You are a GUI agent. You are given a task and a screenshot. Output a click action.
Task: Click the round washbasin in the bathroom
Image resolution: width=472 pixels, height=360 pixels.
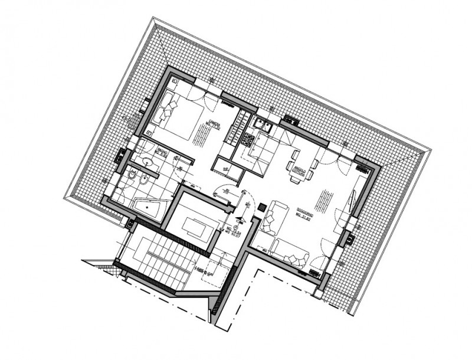click(x=145, y=161)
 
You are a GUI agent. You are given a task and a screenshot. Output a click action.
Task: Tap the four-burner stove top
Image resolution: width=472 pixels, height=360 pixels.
click(x=247, y=140)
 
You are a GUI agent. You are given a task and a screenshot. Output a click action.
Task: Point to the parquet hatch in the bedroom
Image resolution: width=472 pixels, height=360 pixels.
click(x=200, y=137)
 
